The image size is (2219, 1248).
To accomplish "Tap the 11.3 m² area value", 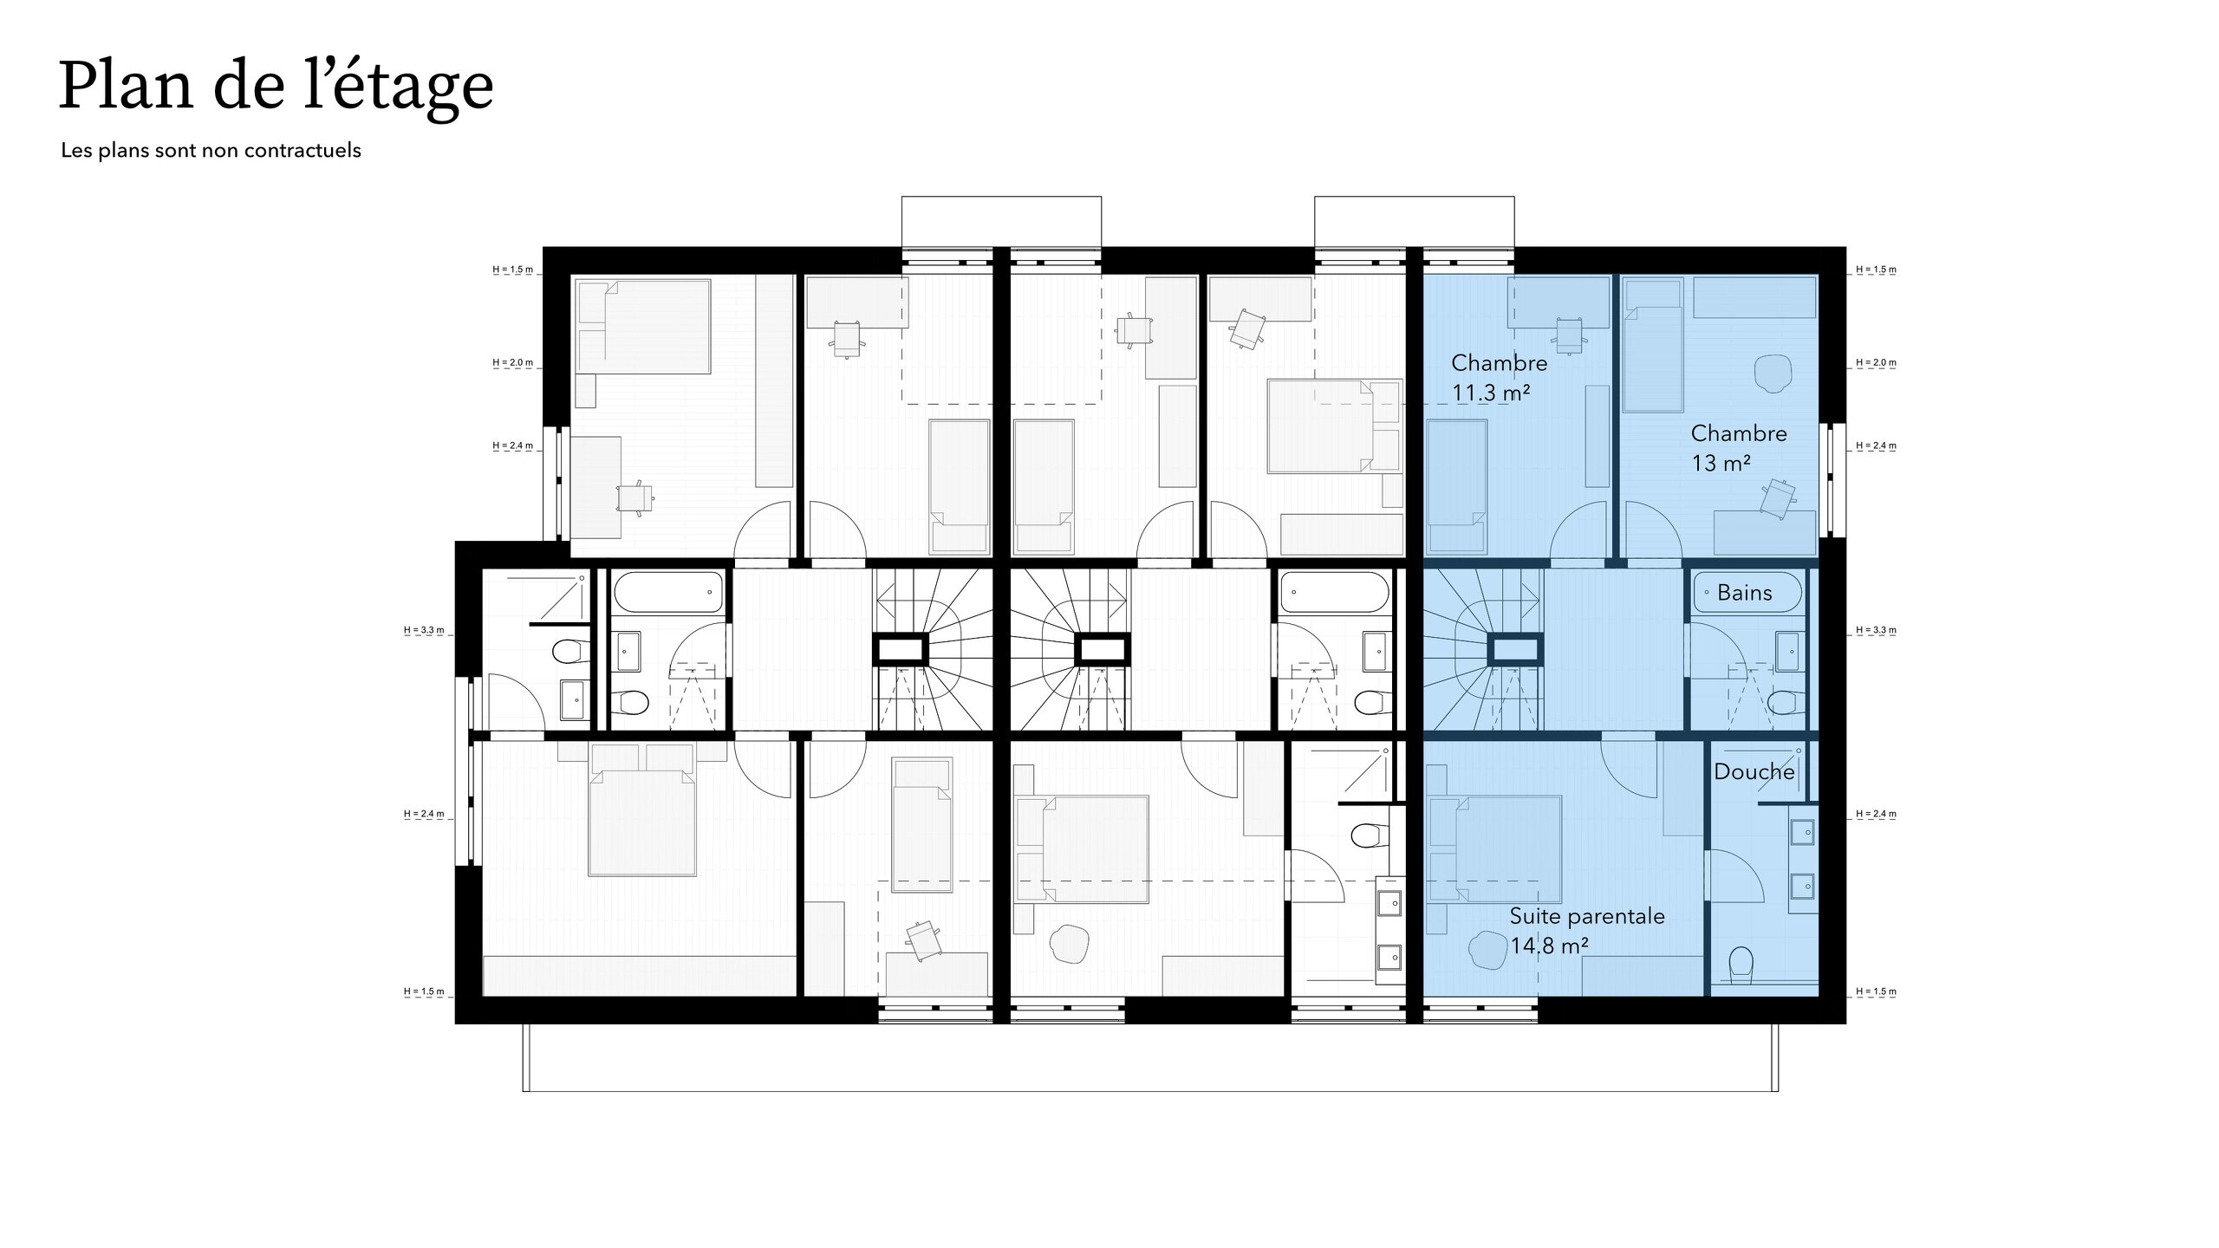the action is coord(1491,393).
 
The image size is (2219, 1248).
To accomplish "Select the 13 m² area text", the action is coord(1721,463).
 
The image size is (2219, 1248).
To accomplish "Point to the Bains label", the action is coord(1744,593).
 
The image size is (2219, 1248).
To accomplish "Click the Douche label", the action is coord(1754,771).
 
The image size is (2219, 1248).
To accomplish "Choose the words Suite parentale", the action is coord(1587,916).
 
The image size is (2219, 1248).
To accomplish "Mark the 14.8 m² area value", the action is coord(1549,946).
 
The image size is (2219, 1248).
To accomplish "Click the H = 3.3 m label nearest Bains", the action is coord(1876,630).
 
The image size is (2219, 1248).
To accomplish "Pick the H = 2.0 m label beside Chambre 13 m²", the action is coord(1876,362).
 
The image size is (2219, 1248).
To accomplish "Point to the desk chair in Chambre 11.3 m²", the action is coord(1571,335).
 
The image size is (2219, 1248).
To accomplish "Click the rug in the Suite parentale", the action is coord(1487,950).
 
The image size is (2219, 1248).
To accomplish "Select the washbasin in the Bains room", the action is coord(1786,652).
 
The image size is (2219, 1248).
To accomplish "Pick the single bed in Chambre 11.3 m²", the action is coord(1457,486).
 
